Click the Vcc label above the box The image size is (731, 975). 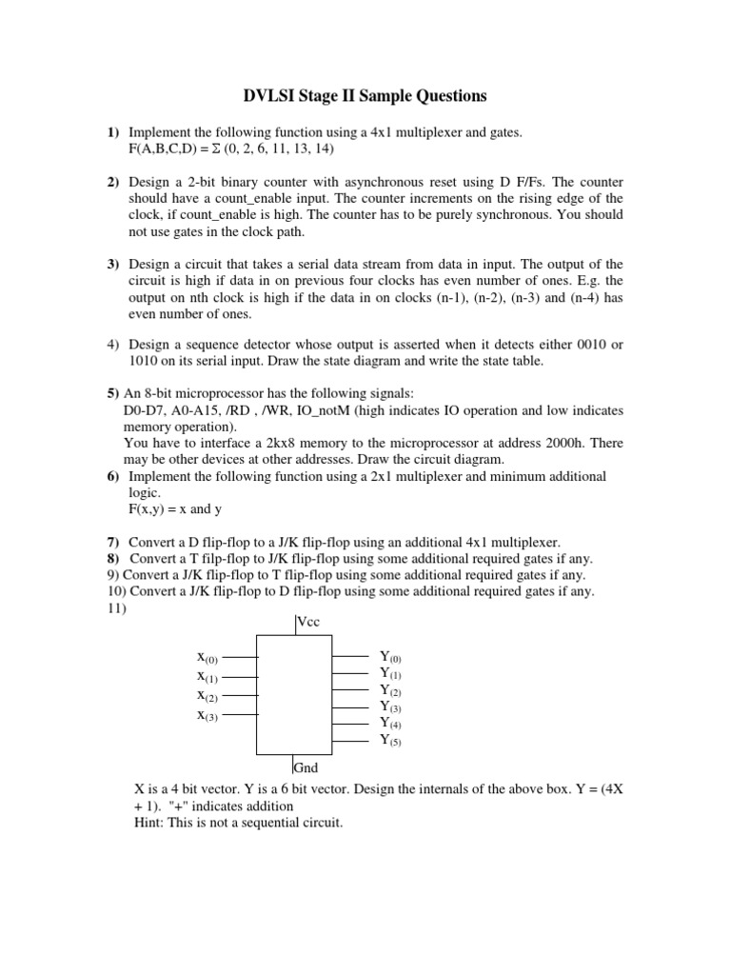click(308, 623)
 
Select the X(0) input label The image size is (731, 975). click(207, 657)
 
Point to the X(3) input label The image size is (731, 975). click(207, 715)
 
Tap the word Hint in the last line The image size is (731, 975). click(152, 823)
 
